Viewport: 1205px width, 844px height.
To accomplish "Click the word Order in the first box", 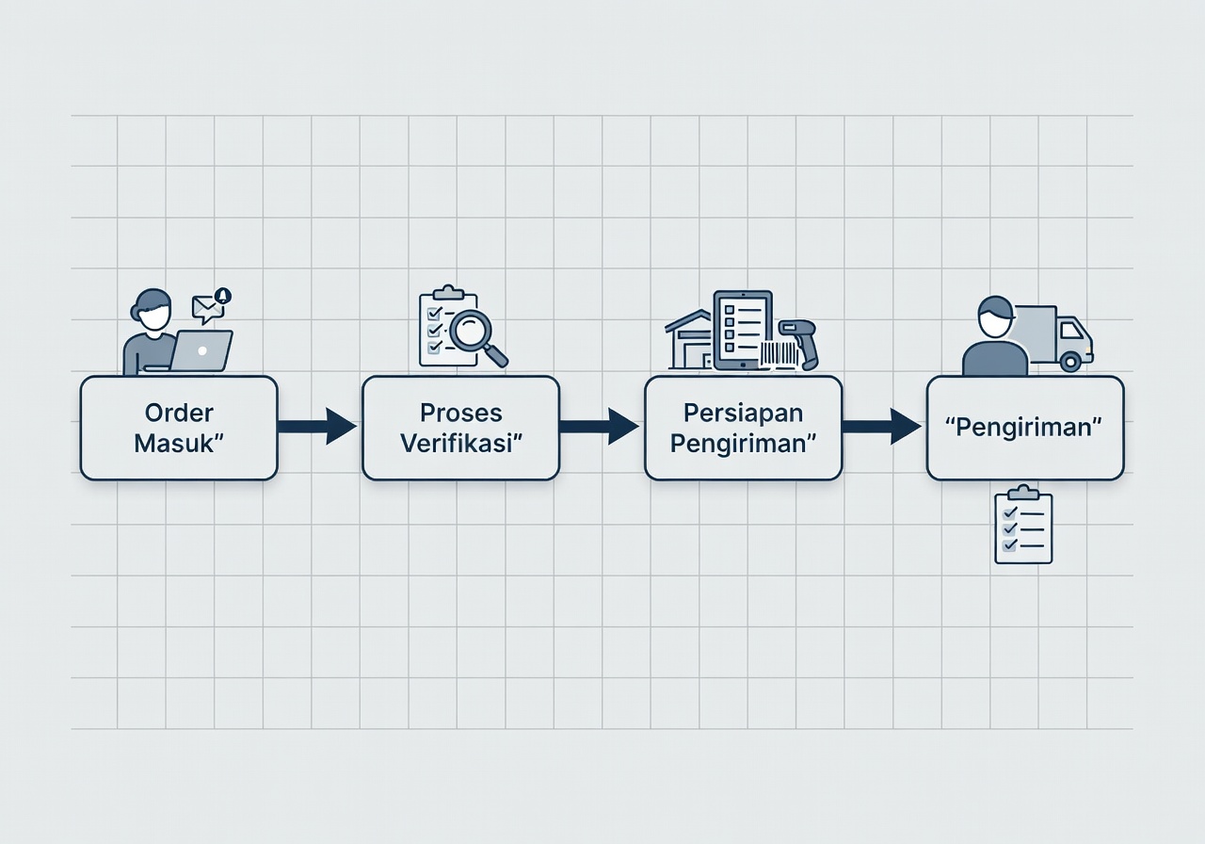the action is coord(179,413).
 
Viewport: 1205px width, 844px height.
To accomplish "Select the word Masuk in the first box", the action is coord(173,444).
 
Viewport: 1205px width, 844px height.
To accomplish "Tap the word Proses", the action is coord(461,413).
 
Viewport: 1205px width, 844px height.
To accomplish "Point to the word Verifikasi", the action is coord(457,444).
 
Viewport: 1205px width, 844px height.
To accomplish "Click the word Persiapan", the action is coord(743,413).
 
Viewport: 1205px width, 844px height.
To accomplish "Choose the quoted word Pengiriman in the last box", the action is coord(1024,428).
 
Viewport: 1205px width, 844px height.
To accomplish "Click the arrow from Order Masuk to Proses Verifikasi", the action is coord(317,427).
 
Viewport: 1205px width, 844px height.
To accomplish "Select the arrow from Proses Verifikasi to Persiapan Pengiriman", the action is coord(600,427).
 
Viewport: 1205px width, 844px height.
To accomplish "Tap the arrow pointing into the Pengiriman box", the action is coord(882,427).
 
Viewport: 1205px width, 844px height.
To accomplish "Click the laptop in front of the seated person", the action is coord(201,350).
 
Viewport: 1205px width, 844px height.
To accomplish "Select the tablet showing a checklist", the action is coord(743,331).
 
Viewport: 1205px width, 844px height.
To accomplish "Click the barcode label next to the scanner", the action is coord(779,355).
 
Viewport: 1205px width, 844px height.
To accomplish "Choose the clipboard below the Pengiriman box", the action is coord(1023,525).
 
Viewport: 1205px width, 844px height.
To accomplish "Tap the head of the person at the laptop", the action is coord(152,311).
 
